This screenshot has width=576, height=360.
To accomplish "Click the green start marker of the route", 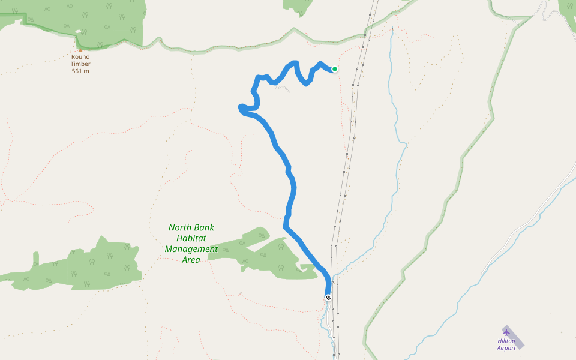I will [335, 69].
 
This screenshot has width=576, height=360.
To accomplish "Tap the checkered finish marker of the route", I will [328, 298].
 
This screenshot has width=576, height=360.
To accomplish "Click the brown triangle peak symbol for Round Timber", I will [80, 50].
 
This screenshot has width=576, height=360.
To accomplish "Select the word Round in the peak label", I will [80, 57].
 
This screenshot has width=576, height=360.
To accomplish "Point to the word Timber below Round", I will [80, 64].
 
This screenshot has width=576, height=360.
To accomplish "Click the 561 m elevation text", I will [80, 71].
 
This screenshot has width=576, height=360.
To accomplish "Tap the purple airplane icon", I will [506, 332].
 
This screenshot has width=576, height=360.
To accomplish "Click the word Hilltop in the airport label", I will [506, 341].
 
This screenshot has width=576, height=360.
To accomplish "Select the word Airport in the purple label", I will [506, 348].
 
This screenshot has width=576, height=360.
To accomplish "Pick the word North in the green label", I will [179, 228].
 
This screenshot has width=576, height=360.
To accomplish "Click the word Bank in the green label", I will [204, 228].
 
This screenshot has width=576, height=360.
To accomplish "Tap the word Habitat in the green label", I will [191, 238].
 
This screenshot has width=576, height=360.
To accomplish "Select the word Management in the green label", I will [191, 249].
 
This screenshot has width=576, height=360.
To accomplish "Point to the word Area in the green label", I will [191, 260].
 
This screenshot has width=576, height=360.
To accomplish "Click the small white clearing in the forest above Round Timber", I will [78, 31].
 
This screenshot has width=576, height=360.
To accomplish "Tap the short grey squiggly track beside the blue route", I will [282, 88].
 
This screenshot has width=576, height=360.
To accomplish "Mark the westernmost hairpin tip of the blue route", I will [240, 108].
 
